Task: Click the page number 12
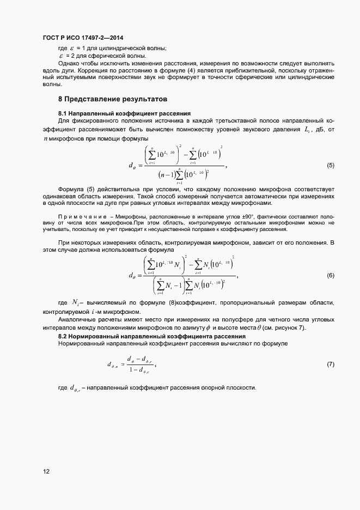pos(46,472)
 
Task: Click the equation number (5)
pos(330,165)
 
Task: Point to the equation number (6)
pos(330,276)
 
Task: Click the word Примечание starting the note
pos(77,217)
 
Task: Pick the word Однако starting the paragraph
pos(69,64)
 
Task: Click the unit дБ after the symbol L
pos(320,129)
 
